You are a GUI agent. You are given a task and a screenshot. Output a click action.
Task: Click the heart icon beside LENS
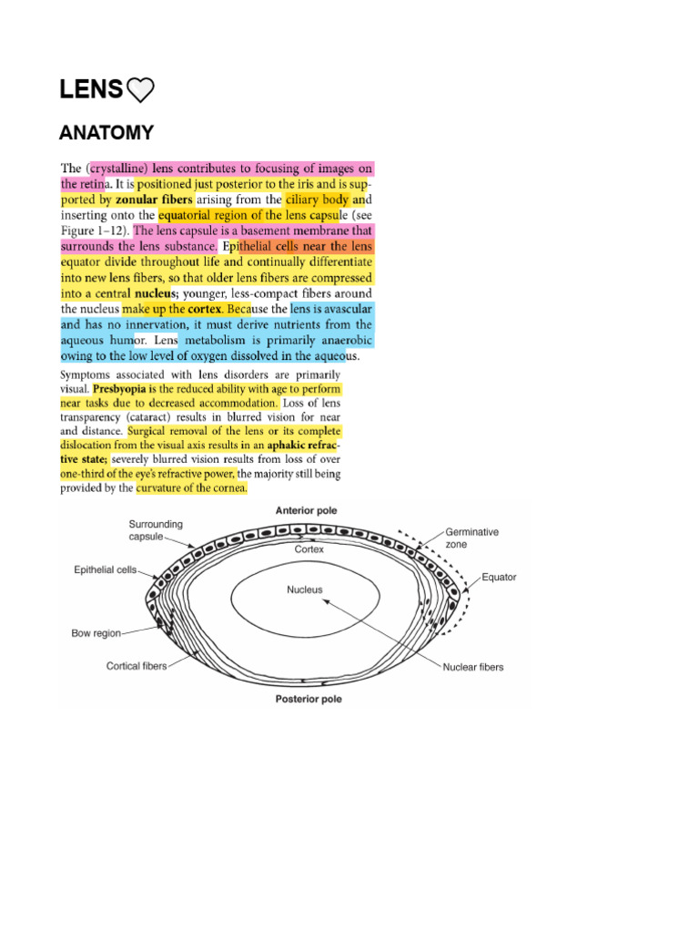[141, 89]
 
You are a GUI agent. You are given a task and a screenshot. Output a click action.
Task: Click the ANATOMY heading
[106, 133]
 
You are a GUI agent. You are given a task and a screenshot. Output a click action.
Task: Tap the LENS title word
[91, 89]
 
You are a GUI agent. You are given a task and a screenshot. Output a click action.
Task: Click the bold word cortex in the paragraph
[205, 309]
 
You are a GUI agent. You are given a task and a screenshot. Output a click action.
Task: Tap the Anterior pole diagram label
[307, 511]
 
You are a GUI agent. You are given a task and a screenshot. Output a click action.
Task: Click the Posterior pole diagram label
[309, 700]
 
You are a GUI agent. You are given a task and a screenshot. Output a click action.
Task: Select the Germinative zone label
[471, 538]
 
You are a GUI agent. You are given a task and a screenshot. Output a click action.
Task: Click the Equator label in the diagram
[499, 578]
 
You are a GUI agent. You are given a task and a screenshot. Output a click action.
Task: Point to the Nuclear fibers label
[473, 667]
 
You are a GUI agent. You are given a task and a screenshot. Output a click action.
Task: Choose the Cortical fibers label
[137, 666]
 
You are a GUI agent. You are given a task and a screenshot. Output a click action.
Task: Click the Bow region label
[96, 632]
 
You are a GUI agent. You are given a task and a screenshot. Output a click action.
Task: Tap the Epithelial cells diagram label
[106, 570]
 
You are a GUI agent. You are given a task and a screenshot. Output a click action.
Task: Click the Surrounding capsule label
[156, 530]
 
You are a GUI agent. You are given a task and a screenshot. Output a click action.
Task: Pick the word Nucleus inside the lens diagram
[305, 590]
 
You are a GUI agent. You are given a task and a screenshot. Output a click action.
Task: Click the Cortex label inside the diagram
[309, 550]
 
